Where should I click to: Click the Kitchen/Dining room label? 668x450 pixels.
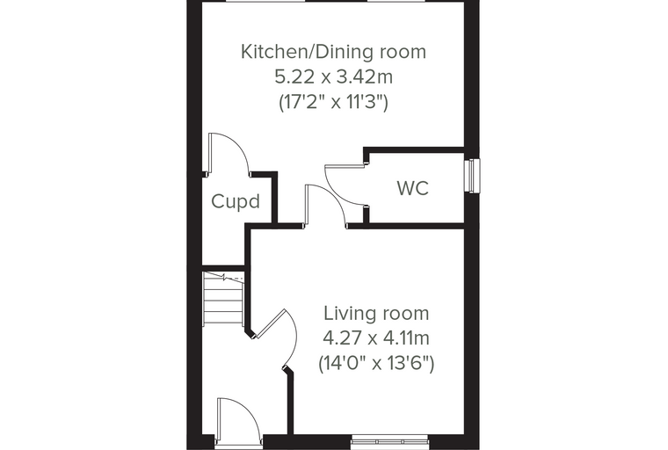point(333,52)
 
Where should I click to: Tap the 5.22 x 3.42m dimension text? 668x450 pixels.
point(334,77)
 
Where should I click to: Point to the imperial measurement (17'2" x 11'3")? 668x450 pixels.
point(334,102)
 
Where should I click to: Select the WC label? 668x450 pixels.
point(413,188)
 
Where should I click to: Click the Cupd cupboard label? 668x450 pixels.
point(236,201)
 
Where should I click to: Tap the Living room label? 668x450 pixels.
point(376,313)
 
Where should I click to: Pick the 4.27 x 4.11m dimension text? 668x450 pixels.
point(376,338)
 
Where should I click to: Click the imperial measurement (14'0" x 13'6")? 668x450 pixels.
point(376,364)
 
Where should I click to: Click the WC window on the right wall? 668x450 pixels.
point(472,176)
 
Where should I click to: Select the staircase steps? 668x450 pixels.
point(223,298)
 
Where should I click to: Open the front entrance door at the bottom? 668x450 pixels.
point(238,421)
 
